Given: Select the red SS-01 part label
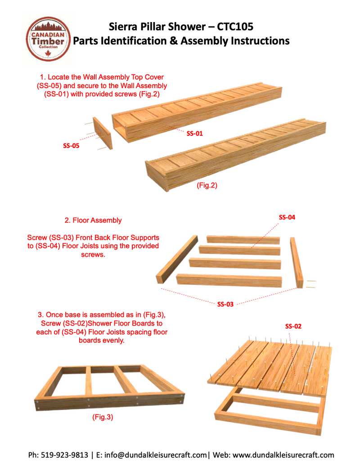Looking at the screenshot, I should point(196,133).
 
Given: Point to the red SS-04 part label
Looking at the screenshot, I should point(287,217).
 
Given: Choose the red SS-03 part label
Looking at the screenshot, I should point(225,304).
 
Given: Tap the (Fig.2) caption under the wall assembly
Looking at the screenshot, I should point(207,185).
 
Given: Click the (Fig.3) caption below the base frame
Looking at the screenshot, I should point(103,417).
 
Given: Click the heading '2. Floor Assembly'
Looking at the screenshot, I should point(93,220).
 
